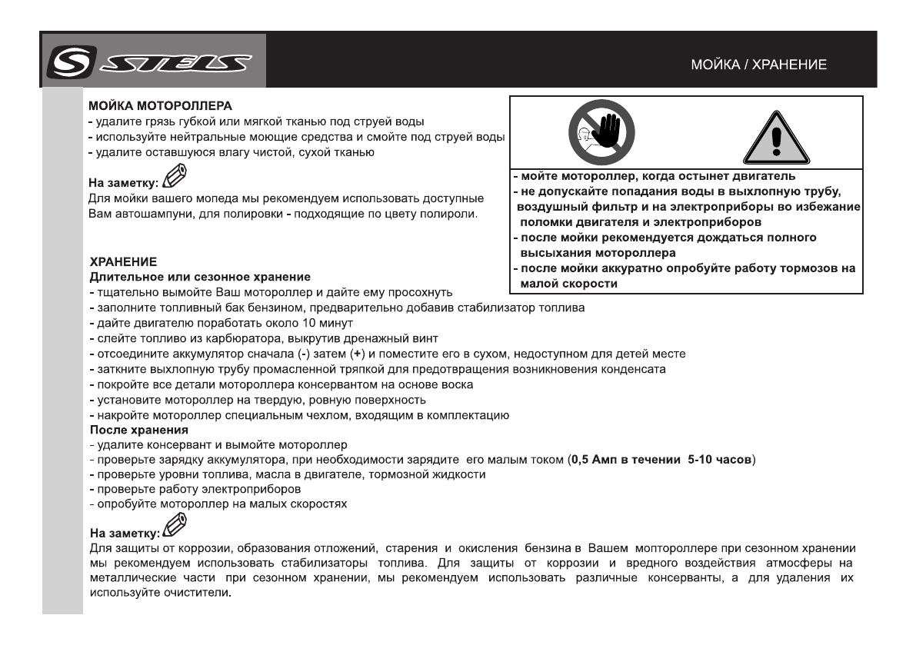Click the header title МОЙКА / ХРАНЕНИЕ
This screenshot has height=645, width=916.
click(x=758, y=65)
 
